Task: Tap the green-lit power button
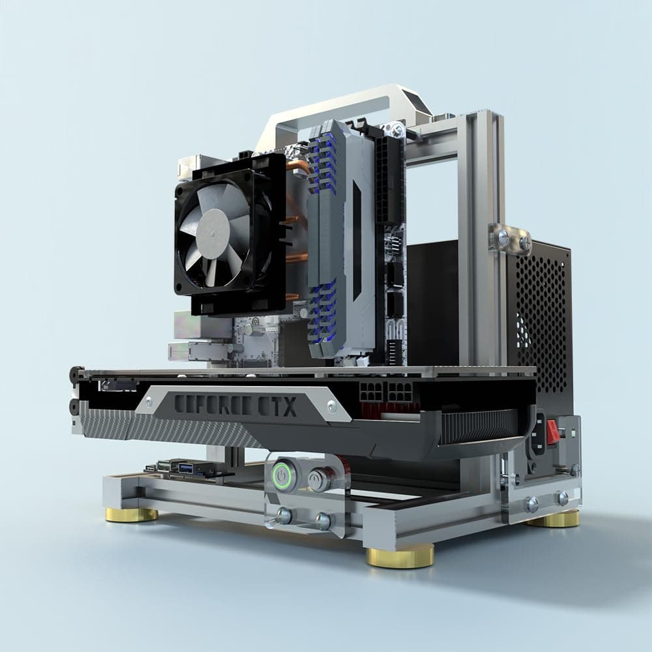pyautogui.click(x=282, y=477)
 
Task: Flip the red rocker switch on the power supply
pyautogui.click(x=553, y=432)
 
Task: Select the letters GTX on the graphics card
pyautogui.click(x=279, y=406)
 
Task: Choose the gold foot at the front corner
pyautogui.click(x=400, y=556)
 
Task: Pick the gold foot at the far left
pyautogui.click(x=132, y=514)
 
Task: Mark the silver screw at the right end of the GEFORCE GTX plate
pyautogui.click(x=332, y=406)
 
